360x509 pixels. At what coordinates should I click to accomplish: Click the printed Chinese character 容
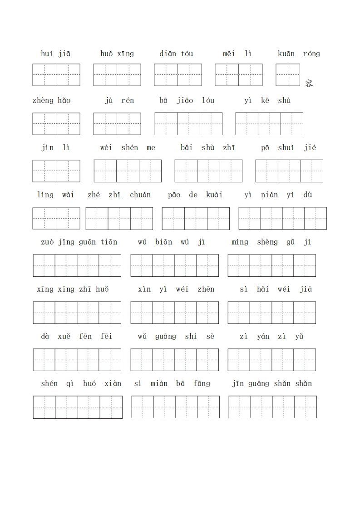click(x=309, y=83)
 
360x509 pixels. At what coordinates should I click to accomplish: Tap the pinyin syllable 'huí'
click(x=47, y=54)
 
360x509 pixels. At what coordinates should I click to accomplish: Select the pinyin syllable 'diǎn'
click(x=168, y=54)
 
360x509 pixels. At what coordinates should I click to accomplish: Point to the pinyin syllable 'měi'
click(x=229, y=54)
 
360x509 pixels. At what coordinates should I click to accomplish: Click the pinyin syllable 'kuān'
click(x=286, y=54)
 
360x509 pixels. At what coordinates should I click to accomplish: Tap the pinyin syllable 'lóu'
click(x=209, y=101)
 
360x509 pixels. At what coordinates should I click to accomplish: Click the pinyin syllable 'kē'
click(x=265, y=101)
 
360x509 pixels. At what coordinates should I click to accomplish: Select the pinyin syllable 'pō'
click(x=265, y=148)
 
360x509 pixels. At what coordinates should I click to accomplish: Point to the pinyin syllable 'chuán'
click(x=140, y=195)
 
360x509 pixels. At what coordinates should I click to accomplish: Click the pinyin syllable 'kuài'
click(x=214, y=195)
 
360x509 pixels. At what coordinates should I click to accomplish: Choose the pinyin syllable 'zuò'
click(x=47, y=242)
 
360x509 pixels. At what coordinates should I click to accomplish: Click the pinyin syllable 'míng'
click(x=240, y=242)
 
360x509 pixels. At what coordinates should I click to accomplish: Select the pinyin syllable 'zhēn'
click(x=206, y=289)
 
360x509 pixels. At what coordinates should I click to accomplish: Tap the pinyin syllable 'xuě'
click(x=64, y=337)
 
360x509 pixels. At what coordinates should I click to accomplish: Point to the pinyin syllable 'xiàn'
click(x=113, y=384)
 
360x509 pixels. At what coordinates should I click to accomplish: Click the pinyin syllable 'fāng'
click(x=202, y=384)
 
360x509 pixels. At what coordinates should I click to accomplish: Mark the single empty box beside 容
click(x=288, y=75)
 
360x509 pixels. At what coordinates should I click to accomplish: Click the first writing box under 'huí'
click(x=44, y=75)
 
